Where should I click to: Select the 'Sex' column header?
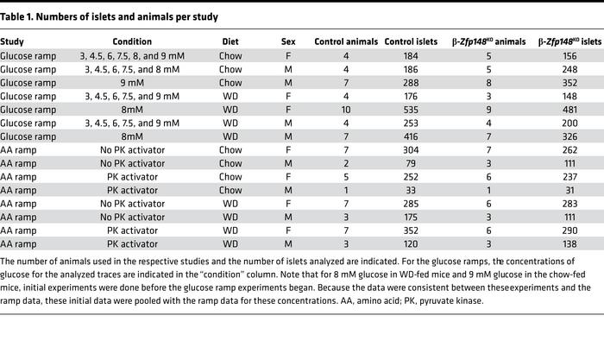coord(288,41)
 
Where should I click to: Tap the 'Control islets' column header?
coord(409,41)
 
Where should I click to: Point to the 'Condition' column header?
coord(132,41)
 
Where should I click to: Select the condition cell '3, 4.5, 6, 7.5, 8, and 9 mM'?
coord(132,56)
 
